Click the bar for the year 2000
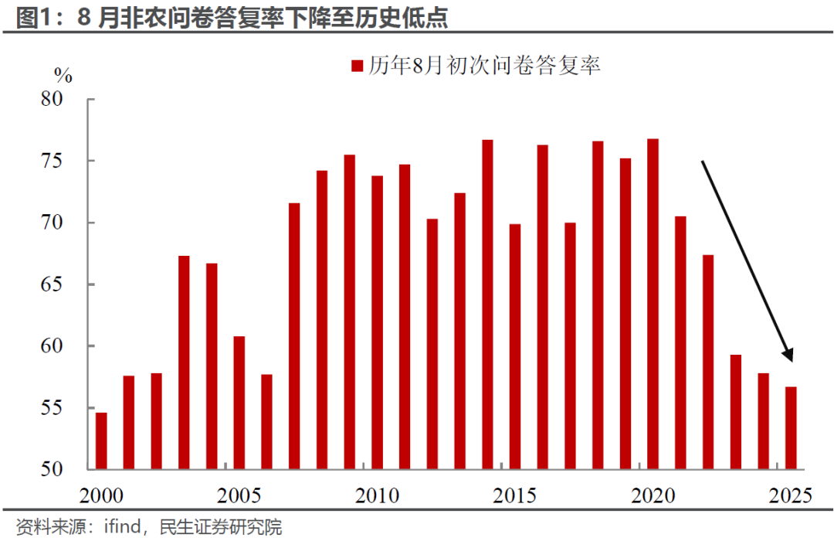click(101, 441)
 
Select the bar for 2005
click(239, 403)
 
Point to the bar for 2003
click(184, 362)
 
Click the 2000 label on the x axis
click(102, 495)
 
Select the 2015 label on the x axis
click(515, 495)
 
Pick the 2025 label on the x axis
click(791, 495)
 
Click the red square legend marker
click(357, 66)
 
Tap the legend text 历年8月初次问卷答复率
click(484, 66)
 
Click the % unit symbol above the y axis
click(63, 75)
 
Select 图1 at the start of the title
click(33, 17)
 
